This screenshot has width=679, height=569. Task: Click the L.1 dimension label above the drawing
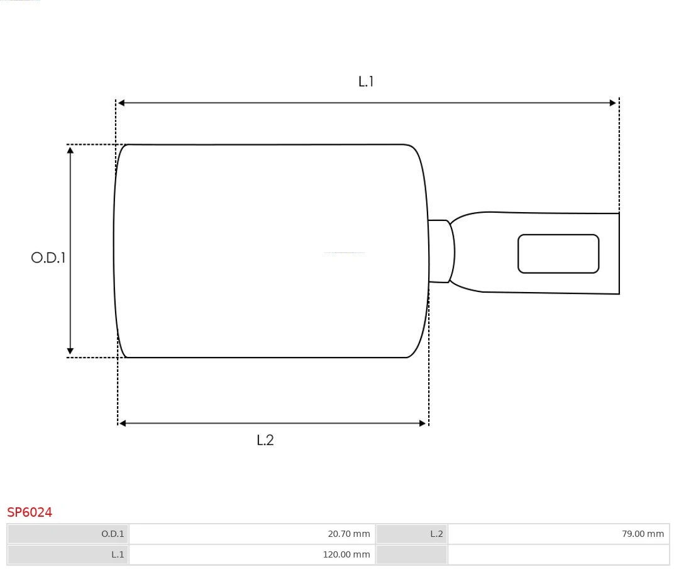(366, 81)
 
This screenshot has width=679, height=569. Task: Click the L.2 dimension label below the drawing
(265, 440)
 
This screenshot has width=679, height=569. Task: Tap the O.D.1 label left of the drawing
(48, 257)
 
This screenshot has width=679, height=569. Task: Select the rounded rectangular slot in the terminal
(558, 254)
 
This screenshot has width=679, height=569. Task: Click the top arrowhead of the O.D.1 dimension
(70, 150)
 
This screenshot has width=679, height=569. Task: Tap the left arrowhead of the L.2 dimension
(123, 424)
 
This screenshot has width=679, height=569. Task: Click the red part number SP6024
(30, 512)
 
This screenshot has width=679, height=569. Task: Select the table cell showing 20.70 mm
(251, 534)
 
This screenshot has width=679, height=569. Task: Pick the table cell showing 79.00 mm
(558, 534)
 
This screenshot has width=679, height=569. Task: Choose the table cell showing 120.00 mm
(251, 555)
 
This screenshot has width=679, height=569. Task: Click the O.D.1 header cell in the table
(68, 534)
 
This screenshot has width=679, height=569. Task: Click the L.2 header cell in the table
(412, 534)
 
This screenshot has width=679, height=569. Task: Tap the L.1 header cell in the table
(68, 555)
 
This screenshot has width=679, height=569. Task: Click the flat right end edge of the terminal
(619, 254)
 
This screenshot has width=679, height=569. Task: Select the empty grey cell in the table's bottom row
(412, 555)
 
